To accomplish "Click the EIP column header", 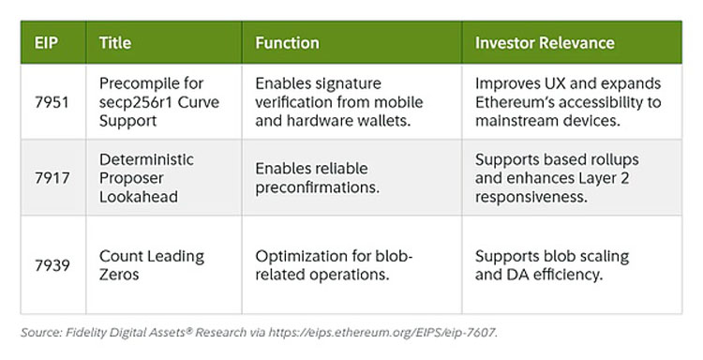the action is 46,43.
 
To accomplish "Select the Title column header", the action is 115,43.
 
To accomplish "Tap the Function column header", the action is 288,43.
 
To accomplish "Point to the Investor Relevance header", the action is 545,43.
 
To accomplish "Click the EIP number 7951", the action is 52,102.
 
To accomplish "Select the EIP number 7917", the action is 52,178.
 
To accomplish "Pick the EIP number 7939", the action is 52,265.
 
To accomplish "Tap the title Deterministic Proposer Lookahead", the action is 146,178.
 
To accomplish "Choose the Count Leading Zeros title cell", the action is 152,265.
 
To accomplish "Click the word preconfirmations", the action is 318,187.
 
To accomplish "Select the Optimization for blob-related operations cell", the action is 334,265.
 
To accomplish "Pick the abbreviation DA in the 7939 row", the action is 516,275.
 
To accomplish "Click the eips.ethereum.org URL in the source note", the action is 382,333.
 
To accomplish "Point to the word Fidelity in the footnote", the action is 82,333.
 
